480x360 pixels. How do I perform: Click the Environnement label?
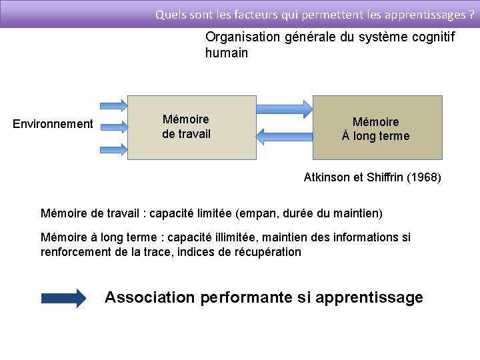53,123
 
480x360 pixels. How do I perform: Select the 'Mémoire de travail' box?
191,127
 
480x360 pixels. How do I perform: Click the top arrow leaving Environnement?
113,105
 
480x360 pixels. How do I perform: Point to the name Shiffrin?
387,178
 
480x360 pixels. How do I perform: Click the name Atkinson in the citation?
327,178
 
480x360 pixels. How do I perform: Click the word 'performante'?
246,297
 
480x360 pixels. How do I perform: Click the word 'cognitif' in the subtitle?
434,37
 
